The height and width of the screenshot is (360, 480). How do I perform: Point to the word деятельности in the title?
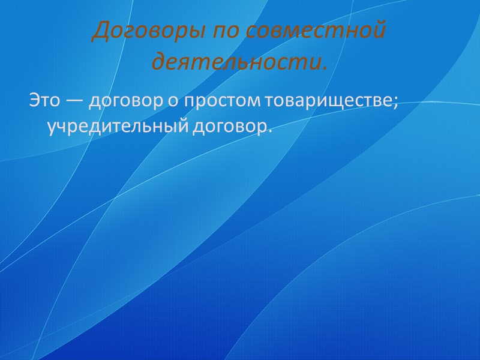point(236,61)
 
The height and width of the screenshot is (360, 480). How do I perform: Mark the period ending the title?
point(326,65)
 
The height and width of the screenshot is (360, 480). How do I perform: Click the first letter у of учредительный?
point(51,127)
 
